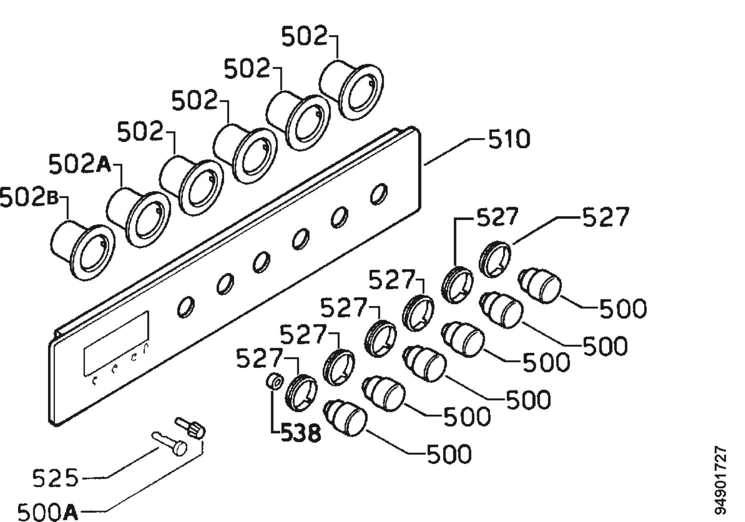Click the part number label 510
(509, 139)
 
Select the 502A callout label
(80, 164)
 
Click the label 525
(56, 478)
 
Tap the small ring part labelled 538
(274, 381)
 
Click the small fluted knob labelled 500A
(191, 428)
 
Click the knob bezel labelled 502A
(138, 217)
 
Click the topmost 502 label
(304, 36)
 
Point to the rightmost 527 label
(606, 217)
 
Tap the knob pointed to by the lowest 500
(345, 418)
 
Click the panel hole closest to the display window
(186, 307)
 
